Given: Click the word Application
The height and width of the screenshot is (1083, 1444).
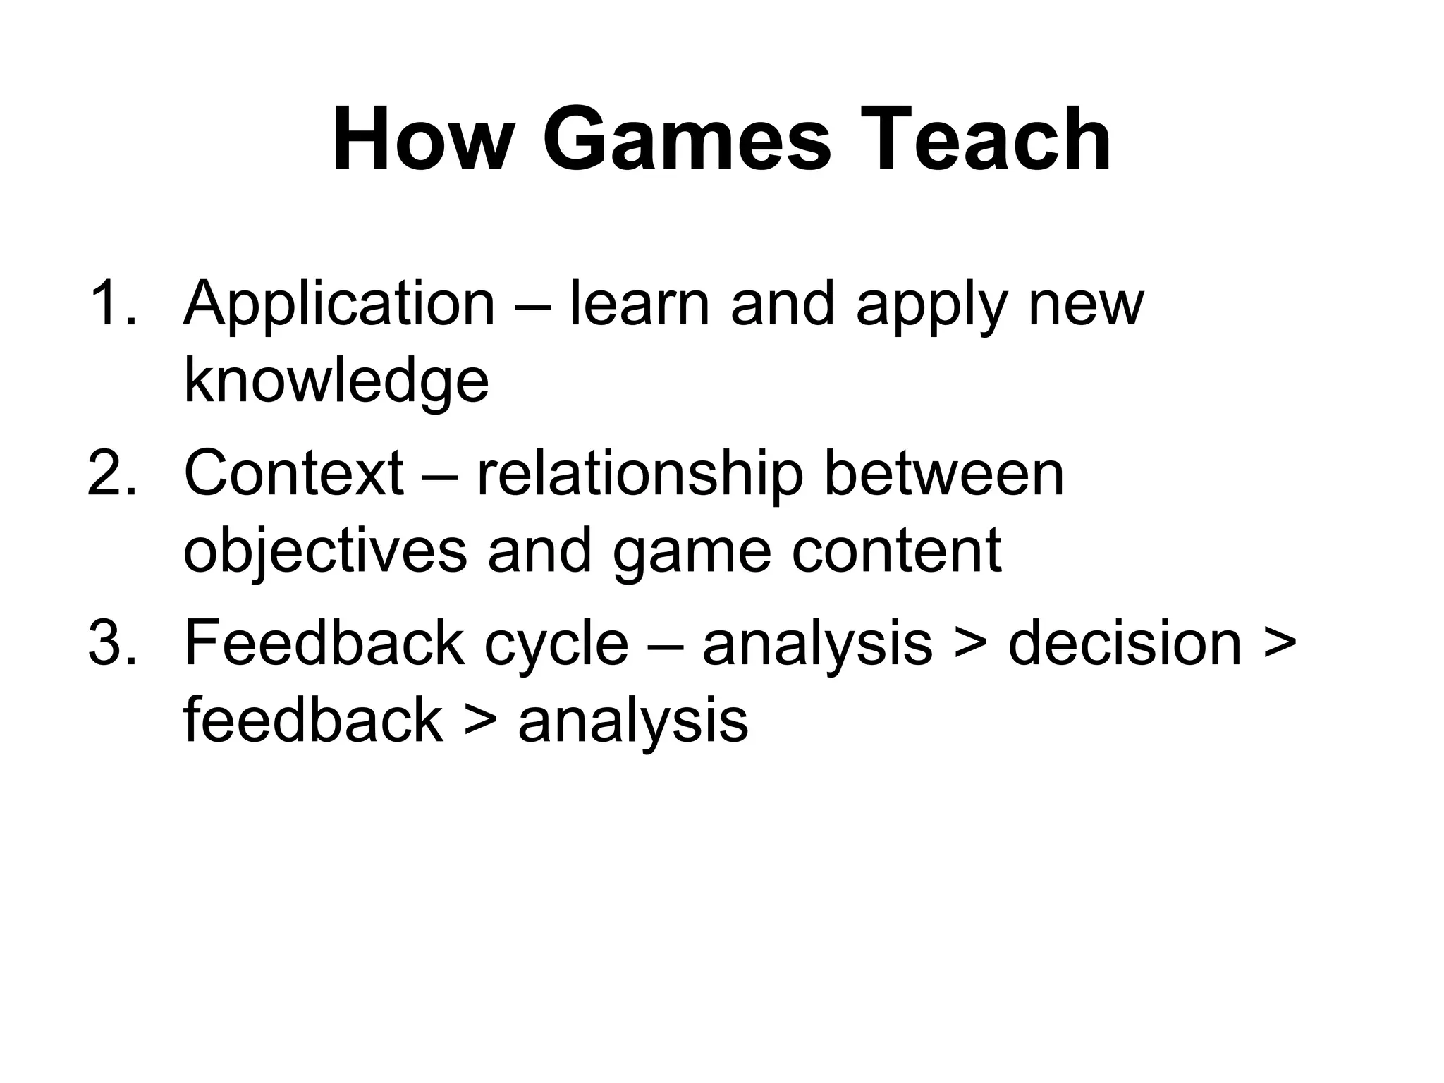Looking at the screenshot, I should [x=339, y=305].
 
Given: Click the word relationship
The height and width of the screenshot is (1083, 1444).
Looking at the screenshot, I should [x=640, y=475].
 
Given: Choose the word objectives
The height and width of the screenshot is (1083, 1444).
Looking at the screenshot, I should [x=325, y=552].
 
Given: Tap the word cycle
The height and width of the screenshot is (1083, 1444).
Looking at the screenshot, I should [x=556, y=645].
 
